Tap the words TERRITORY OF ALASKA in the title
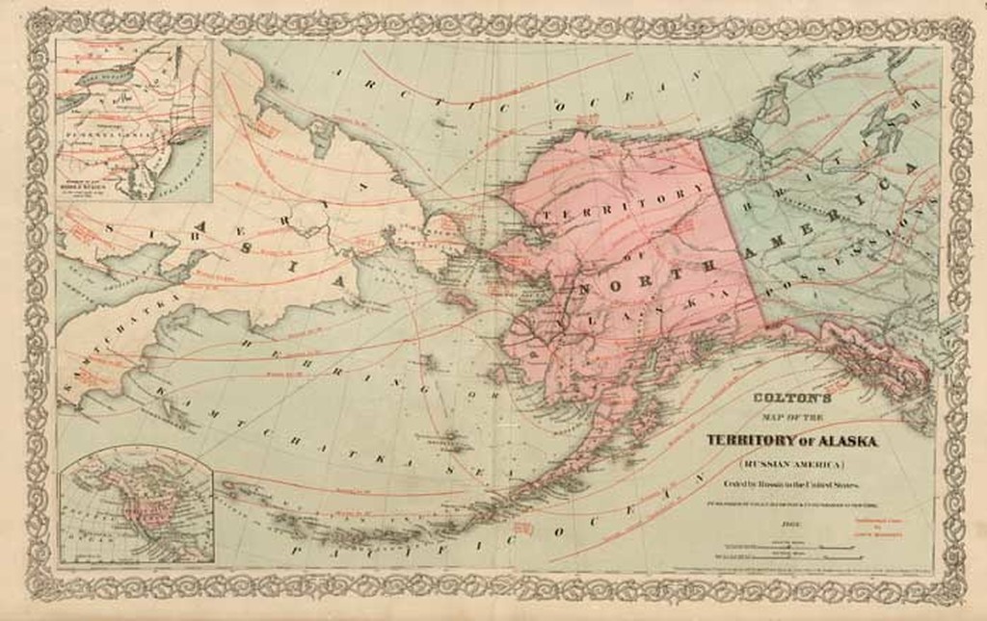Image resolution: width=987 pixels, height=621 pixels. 791,440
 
